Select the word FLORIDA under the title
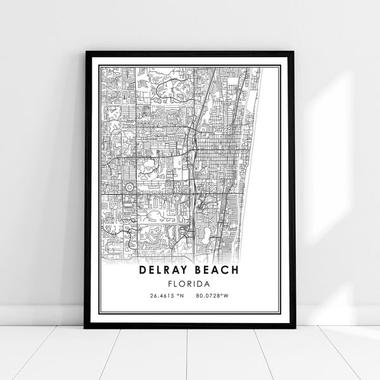(189, 283)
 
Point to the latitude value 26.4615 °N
(162, 296)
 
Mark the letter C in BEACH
(225, 271)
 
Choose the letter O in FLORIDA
(185, 283)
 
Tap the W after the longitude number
(235, 296)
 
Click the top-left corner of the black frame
(86, 53)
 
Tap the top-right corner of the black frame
(293, 53)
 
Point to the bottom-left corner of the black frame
(86, 327)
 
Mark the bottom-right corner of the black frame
(293, 327)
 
